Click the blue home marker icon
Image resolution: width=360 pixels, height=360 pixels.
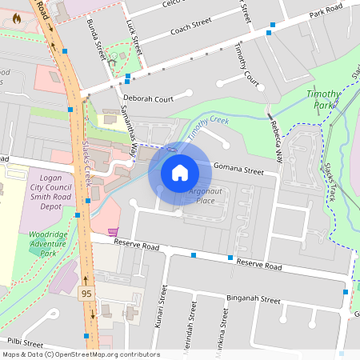click(x=179, y=172)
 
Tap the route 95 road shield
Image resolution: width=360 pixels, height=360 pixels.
click(x=86, y=294)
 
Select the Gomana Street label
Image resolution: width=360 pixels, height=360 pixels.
click(x=238, y=170)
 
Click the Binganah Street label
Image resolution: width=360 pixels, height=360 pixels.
click(x=254, y=300)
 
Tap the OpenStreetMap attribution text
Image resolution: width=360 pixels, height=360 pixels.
click(x=81, y=354)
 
